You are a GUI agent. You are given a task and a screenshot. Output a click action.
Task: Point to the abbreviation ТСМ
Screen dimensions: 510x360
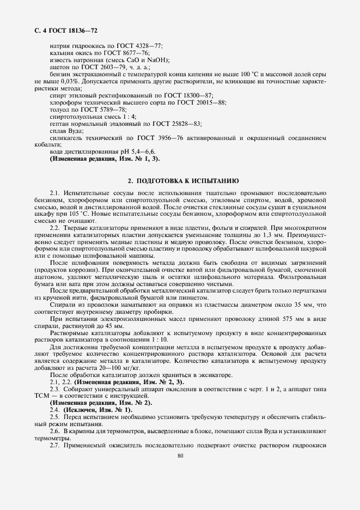click(42, 396)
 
